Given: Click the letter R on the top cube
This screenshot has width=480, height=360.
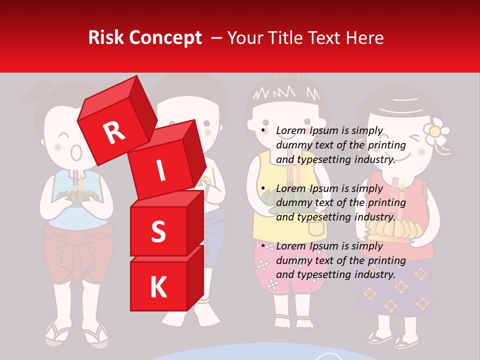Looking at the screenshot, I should (114, 132).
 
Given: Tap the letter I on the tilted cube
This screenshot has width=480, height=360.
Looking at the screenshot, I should (160, 170).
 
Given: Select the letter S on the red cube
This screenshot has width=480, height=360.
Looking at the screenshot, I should (158, 231).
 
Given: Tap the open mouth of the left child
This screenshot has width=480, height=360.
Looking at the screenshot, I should (76, 152).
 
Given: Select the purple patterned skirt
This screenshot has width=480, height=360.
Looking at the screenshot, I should (395, 287).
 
